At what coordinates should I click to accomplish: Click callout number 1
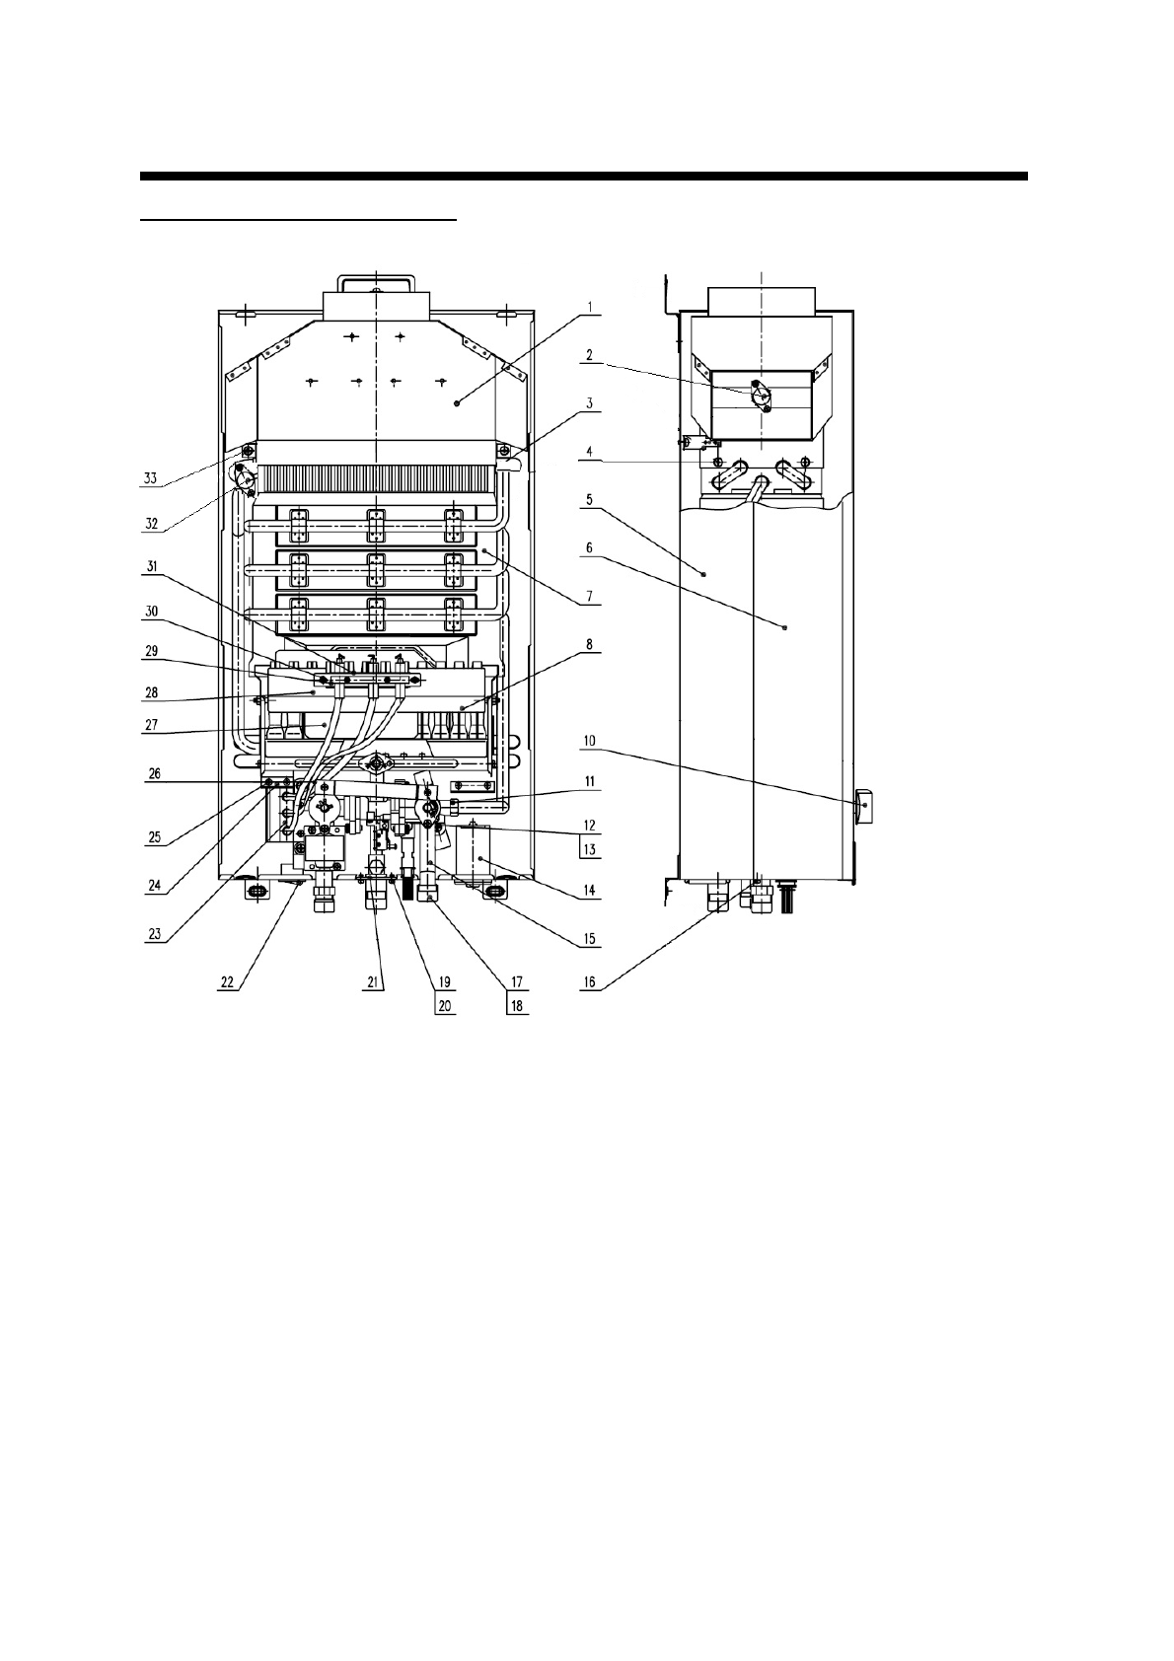pyautogui.click(x=590, y=307)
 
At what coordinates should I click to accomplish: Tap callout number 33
pyautogui.click(x=151, y=478)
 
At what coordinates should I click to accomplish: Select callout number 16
pyautogui.click(x=590, y=982)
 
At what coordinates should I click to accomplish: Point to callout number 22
pyautogui.click(x=227, y=982)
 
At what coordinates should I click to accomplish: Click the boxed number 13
pyautogui.click(x=590, y=850)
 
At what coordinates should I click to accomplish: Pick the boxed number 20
pyautogui.click(x=445, y=1006)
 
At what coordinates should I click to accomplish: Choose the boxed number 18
pyautogui.click(x=517, y=1006)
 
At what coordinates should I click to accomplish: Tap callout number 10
pyautogui.click(x=590, y=741)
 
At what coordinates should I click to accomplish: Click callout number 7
pyautogui.click(x=590, y=596)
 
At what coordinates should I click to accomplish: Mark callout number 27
pyautogui.click(x=151, y=724)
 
